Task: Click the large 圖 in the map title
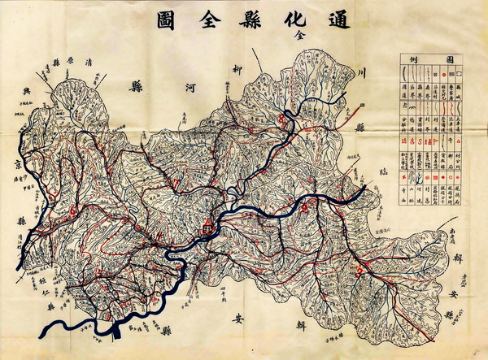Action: (158, 20)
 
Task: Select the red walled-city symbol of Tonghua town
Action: (209, 225)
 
